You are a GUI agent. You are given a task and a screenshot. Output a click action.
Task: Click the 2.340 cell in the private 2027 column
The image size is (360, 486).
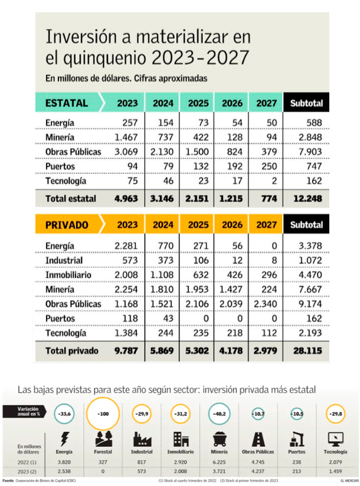coord(267,304)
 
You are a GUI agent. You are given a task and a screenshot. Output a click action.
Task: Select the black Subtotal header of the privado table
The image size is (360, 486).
coord(306,225)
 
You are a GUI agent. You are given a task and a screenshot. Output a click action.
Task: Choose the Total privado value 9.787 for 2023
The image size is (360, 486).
coord(125,350)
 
